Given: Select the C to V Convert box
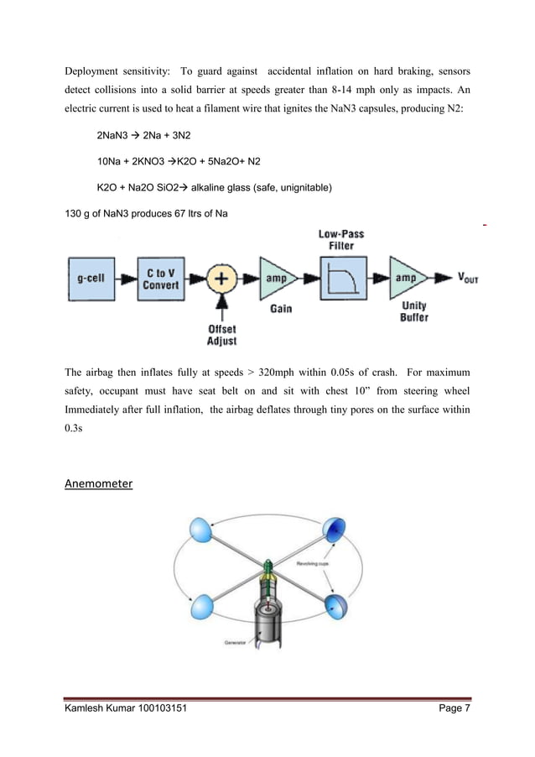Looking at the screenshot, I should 160,279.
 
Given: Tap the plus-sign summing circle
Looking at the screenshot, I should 221,279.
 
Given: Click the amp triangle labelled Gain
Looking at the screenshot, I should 278,279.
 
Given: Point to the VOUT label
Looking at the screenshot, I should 464,279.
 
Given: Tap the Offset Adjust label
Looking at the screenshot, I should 222,335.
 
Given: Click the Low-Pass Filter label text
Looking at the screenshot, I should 341,239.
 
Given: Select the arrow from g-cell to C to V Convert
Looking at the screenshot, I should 126,279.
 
